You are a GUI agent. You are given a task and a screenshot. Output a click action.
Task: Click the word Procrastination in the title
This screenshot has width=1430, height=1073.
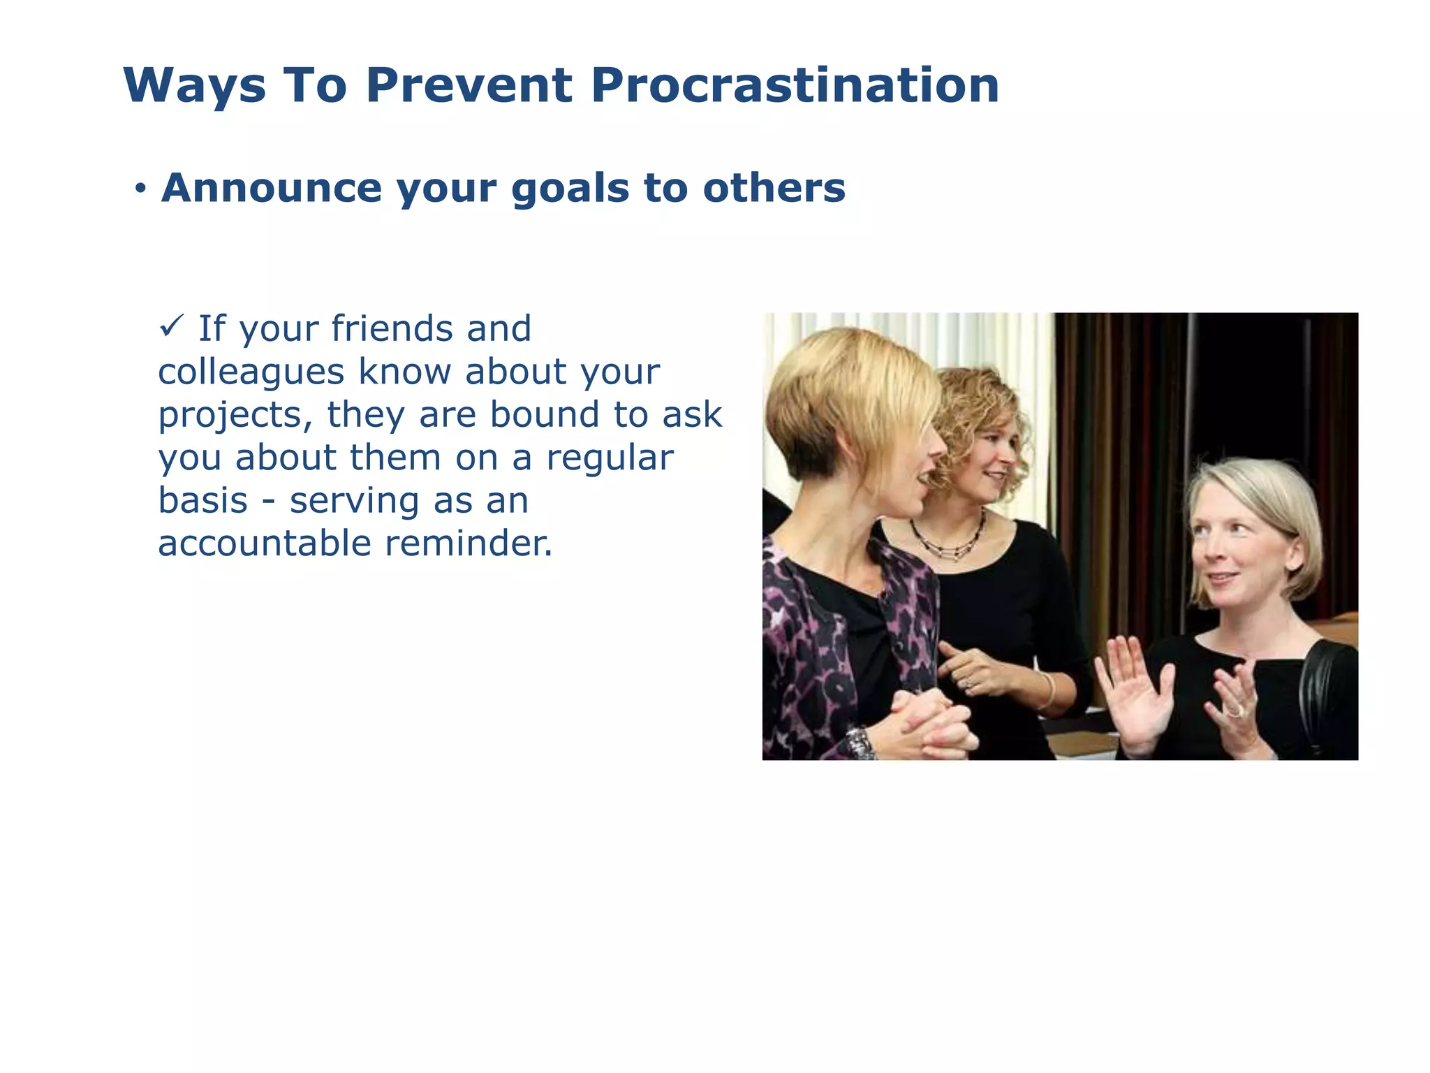(x=795, y=86)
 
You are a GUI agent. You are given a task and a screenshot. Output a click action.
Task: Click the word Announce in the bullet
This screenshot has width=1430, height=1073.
(x=272, y=188)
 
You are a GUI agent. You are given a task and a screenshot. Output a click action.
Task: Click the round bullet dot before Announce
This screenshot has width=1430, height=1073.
(x=141, y=189)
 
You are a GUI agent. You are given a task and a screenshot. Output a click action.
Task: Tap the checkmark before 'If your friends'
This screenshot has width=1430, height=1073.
(x=172, y=325)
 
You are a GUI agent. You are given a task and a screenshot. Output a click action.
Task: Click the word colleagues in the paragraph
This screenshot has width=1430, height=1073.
(x=251, y=372)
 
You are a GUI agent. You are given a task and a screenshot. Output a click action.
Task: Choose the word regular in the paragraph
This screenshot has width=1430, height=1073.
(x=610, y=458)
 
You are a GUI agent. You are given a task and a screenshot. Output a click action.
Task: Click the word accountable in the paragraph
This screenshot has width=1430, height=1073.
(x=265, y=543)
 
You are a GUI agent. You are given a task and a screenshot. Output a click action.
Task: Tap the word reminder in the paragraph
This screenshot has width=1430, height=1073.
(x=469, y=543)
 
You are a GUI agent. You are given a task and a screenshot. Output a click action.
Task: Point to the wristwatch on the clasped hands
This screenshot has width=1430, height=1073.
(x=860, y=743)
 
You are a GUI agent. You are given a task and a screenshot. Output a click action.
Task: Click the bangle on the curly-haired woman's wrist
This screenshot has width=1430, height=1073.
(x=1049, y=690)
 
